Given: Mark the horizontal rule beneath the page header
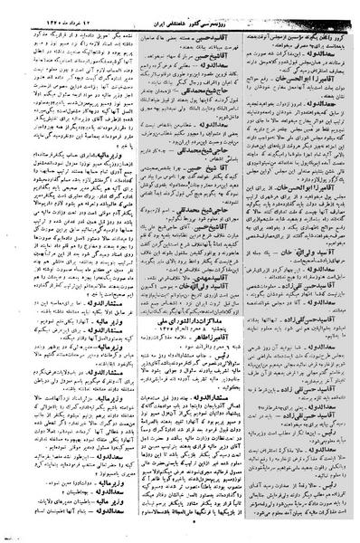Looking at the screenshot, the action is (180, 17).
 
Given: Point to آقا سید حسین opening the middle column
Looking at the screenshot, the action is (215, 24).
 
